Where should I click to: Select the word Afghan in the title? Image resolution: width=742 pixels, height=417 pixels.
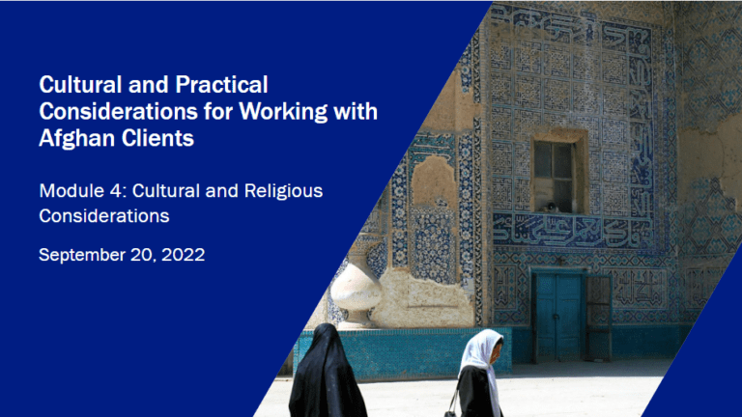[76, 139]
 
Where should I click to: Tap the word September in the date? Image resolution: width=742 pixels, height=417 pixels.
[84, 256]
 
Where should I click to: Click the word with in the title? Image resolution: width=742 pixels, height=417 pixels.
[354, 112]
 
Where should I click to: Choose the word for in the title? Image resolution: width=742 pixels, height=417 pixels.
[220, 112]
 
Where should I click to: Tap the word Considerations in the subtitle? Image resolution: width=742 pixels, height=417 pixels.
[104, 216]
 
